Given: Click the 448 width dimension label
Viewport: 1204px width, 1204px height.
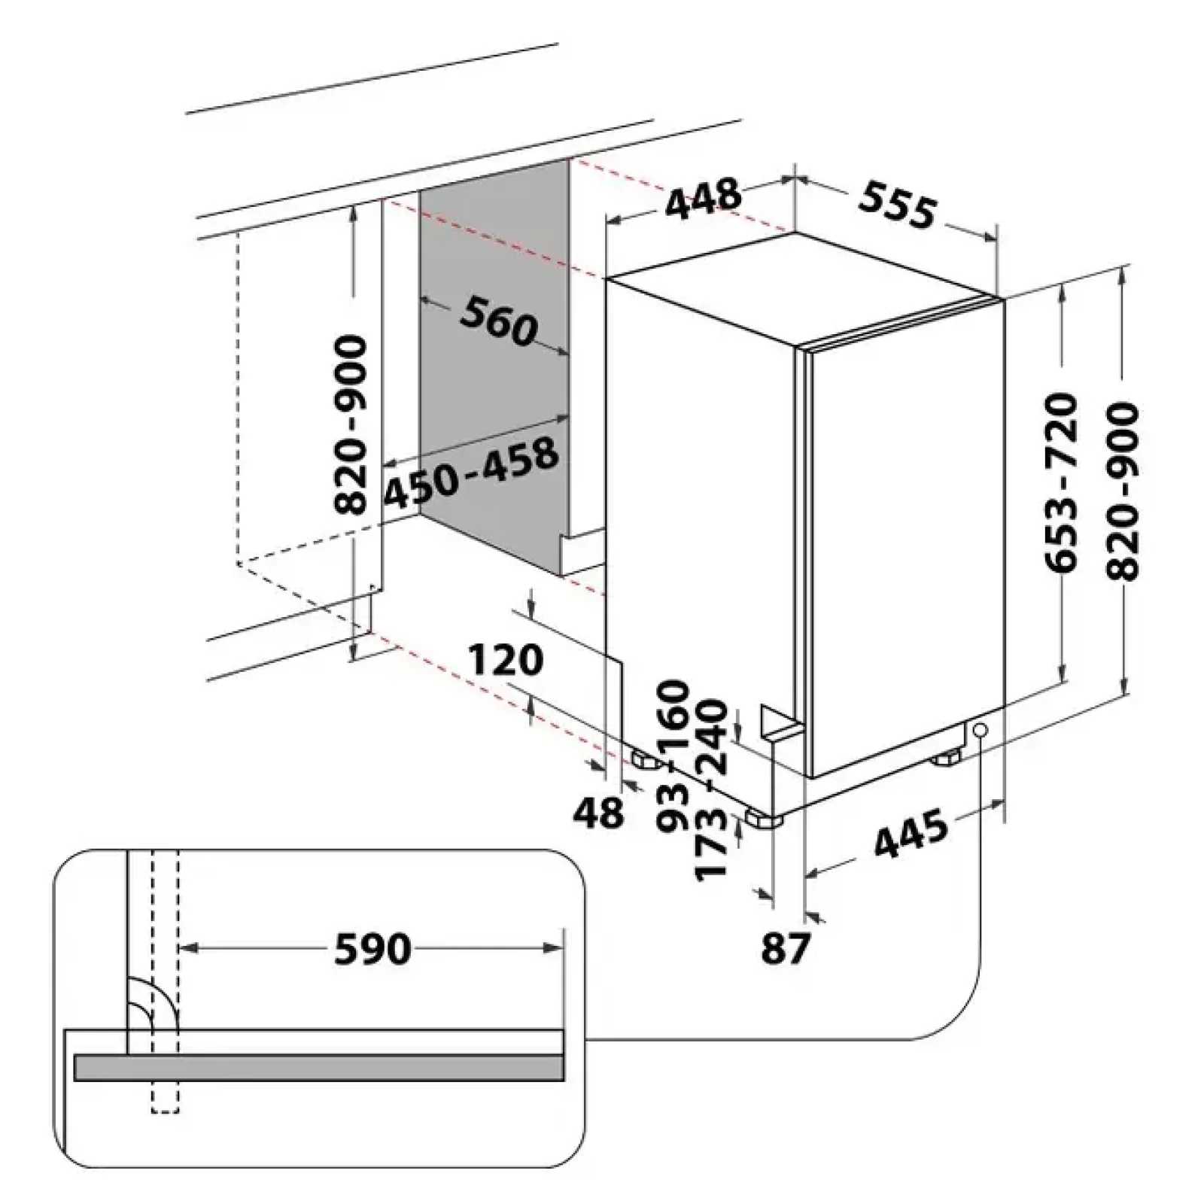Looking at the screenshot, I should [x=704, y=198].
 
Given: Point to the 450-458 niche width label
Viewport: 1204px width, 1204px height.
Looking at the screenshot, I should [x=471, y=472].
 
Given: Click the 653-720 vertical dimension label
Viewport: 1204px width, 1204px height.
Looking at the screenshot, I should [x=1061, y=482].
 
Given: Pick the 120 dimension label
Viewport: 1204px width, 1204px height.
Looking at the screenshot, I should [x=505, y=660].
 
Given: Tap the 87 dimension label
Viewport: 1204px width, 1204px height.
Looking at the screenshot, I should [x=786, y=947].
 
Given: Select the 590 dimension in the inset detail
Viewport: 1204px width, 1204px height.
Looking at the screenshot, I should [x=372, y=949].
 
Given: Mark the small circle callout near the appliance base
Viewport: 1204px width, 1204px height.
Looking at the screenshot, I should [x=980, y=730].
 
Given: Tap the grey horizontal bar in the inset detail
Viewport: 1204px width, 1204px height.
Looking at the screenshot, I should [x=318, y=1067].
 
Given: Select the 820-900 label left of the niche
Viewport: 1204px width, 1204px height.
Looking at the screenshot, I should [x=350, y=425].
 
